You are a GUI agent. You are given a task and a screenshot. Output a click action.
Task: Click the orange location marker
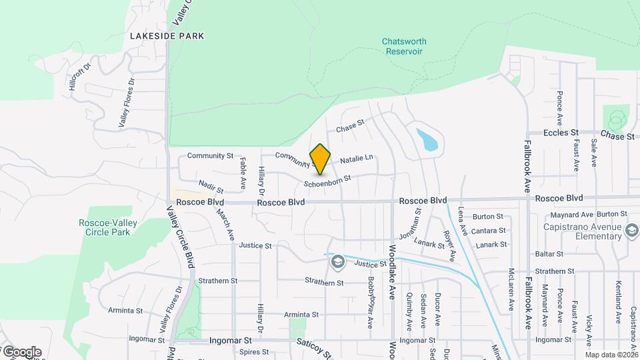click(321, 159)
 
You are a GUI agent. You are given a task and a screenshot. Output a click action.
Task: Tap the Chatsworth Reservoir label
click(404, 46)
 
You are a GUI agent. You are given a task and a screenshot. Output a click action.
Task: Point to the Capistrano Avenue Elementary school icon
click(632, 231)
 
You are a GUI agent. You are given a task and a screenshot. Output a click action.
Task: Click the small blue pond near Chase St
click(427, 139)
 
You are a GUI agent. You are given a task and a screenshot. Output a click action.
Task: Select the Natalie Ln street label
click(356, 160)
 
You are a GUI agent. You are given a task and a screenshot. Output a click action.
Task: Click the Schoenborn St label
click(327, 181)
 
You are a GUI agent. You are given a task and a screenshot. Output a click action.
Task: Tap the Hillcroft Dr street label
click(79, 77)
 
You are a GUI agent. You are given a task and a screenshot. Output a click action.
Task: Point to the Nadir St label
click(211, 186)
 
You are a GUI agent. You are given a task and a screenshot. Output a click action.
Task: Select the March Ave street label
click(224, 224)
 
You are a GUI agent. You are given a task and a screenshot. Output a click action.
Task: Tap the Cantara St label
click(483, 231)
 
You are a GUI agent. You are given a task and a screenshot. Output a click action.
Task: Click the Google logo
click(21, 352)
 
